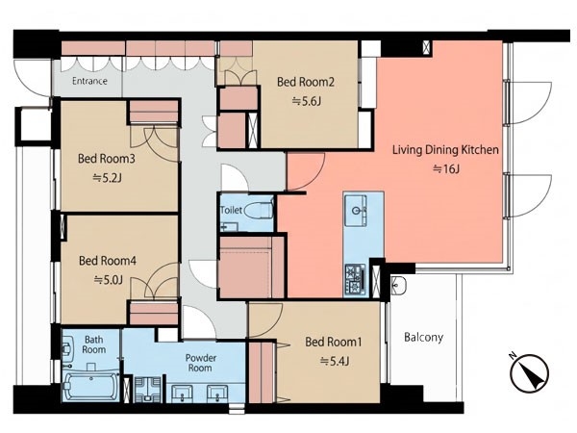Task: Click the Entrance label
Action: [x=89, y=81]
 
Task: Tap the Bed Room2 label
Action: [x=306, y=82]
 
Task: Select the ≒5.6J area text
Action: [x=306, y=101]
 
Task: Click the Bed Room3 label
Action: [x=107, y=159]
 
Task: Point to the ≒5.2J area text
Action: [x=107, y=178]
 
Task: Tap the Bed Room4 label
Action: [x=108, y=261]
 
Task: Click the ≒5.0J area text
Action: [x=108, y=280]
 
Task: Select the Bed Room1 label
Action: [x=334, y=342]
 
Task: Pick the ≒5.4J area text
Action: [x=335, y=362]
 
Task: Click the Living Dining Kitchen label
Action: [x=445, y=150]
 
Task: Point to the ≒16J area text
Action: [x=446, y=169]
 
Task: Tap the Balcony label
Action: [x=423, y=338]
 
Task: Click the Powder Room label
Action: [x=201, y=363]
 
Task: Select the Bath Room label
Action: [x=94, y=344]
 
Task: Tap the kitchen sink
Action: [x=356, y=211]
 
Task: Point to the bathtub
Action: [x=89, y=386]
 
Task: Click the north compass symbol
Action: [x=529, y=372]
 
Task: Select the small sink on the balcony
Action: [x=398, y=284]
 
